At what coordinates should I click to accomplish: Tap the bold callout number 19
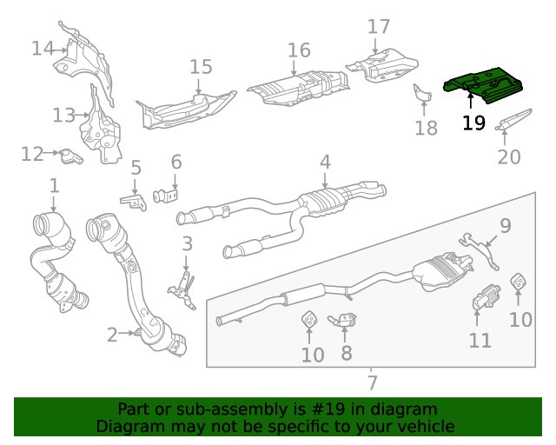(473, 123)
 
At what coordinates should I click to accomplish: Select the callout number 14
(43, 48)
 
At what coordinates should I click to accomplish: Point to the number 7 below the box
(372, 382)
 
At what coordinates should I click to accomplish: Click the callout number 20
(509, 157)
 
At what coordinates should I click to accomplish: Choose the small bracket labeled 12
(69, 156)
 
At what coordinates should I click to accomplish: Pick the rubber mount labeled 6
(165, 192)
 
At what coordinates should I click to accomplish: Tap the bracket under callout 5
(133, 202)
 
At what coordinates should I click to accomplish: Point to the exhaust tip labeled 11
(484, 298)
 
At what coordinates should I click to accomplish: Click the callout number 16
(298, 50)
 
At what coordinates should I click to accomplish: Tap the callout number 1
(54, 185)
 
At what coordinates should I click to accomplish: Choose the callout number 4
(325, 161)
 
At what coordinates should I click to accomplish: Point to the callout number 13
(63, 115)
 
